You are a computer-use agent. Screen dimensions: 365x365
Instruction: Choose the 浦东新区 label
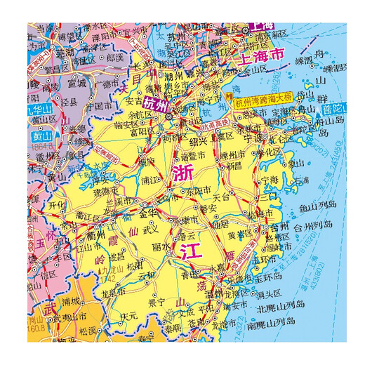(270, 33)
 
